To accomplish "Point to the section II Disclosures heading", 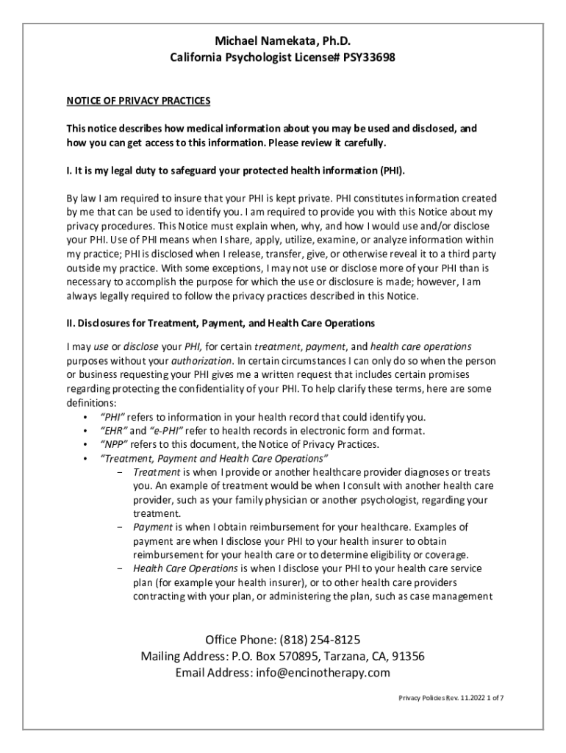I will (x=221, y=323).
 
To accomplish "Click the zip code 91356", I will (x=406, y=657).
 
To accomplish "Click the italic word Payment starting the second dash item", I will (x=151, y=527).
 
